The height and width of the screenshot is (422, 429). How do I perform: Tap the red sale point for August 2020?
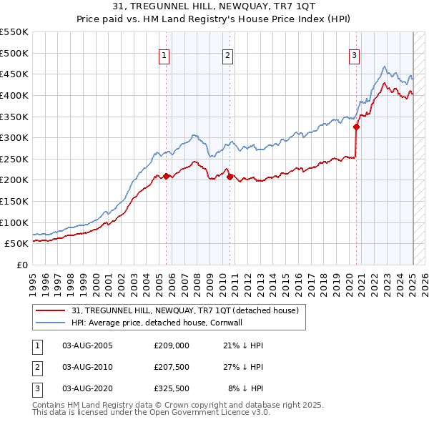click(356, 127)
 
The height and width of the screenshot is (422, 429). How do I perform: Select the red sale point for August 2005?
click(166, 176)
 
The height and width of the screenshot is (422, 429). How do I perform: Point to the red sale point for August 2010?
click(230, 177)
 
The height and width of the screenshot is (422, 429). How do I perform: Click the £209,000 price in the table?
click(171, 345)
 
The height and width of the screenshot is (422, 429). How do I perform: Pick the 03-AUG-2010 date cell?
click(87, 367)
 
